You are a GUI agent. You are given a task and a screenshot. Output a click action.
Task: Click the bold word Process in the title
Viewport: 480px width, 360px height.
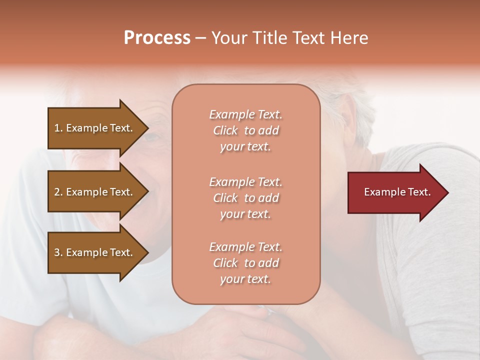click(157, 38)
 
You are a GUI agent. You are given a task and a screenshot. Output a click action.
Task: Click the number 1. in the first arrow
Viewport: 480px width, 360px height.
click(58, 128)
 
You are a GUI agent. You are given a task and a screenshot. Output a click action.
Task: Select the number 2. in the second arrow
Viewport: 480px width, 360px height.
click(58, 192)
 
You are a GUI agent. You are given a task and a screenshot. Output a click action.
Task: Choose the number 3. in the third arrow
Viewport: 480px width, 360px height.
click(58, 252)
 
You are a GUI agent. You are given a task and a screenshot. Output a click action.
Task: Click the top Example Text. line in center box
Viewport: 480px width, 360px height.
click(245, 114)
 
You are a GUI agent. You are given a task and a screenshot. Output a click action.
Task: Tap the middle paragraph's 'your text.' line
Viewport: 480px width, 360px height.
click(245, 214)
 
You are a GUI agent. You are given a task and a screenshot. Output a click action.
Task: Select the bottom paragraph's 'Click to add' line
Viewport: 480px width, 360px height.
click(245, 263)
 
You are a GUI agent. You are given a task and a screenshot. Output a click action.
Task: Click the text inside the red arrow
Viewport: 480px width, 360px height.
click(397, 192)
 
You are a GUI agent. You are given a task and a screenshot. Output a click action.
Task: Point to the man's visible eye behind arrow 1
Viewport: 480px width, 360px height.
click(152, 136)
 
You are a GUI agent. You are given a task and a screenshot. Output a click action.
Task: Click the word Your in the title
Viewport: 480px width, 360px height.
click(227, 38)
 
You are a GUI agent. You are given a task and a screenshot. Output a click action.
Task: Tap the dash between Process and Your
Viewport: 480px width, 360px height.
click(200, 38)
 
